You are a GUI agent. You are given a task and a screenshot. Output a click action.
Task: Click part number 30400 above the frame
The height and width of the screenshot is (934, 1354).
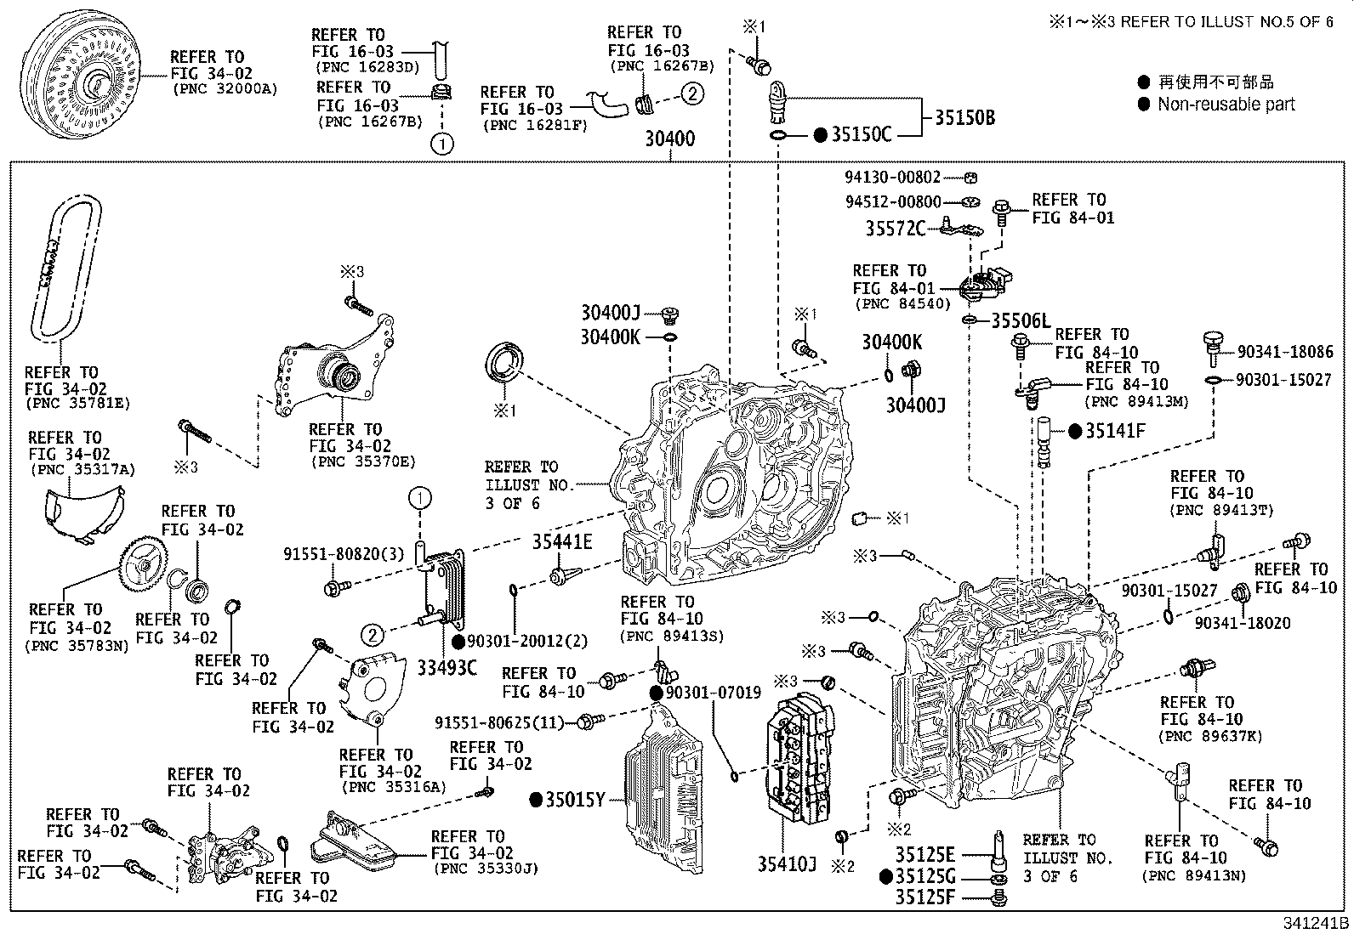click(669, 139)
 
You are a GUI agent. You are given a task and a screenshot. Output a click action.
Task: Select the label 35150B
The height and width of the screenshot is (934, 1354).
click(964, 117)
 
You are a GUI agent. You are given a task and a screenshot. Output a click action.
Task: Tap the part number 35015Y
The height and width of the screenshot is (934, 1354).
click(575, 799)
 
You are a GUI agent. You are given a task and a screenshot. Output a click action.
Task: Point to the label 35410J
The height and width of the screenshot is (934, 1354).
click(787, 864)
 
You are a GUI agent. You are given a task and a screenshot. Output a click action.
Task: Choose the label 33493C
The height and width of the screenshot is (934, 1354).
click(447, 667)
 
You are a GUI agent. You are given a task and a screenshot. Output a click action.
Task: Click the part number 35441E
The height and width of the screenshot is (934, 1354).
click(562, 541)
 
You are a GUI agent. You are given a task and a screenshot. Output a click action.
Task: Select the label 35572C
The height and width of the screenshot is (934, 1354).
click(895, 229)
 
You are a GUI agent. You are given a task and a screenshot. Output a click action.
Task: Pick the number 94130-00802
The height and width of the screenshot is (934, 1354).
click(892, 177)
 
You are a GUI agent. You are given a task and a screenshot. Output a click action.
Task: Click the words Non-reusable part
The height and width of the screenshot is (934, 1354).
click(1226, 105)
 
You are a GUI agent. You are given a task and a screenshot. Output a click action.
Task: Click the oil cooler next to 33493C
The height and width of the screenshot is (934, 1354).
click(446, 586)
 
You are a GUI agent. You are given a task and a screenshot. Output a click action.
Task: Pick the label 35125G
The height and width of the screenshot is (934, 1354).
click(925, 876)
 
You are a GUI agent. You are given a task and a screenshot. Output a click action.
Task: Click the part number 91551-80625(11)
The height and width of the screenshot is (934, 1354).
click(499, 722)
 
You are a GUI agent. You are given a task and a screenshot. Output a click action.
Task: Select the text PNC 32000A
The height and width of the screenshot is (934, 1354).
click(224, 88)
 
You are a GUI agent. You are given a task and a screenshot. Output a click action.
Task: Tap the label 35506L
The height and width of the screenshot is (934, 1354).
click(1021, 320)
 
